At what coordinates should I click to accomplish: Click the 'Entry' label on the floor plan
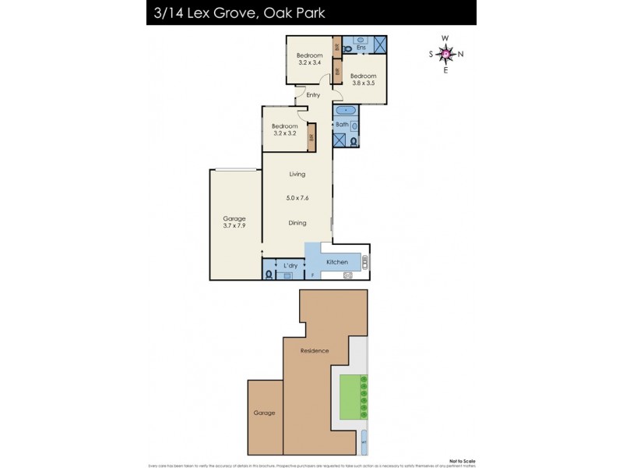click(x=313, y=95)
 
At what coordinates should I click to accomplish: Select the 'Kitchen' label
click(x=336, y=262)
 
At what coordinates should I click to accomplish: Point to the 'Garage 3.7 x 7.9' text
click(x=234, y=222)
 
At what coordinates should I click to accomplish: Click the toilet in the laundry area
click(x=269, y=274)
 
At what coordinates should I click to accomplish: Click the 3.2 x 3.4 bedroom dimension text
click(x=310, y=62)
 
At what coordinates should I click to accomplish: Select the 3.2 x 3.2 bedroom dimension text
click(x=285, y=133)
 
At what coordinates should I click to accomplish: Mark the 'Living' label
click(x=297, y=174)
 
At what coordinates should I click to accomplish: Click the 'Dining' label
click(x=297, y=222)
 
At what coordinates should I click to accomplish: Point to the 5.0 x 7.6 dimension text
click(x=297, y=198)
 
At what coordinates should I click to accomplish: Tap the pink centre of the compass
click(x=445, y=53)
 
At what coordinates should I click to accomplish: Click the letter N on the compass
click(x=460, y=54)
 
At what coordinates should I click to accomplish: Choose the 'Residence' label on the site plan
click(x=315, y=351)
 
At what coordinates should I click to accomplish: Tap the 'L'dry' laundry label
click(x=290, y=266)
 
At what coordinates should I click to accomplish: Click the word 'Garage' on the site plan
click(x=264, y=413)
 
